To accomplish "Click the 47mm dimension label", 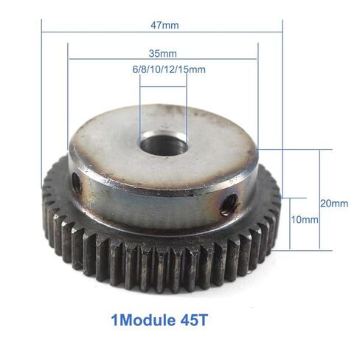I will (165, 24).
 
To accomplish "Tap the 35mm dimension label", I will (162, 54).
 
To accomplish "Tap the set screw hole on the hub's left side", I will (76, 183).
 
